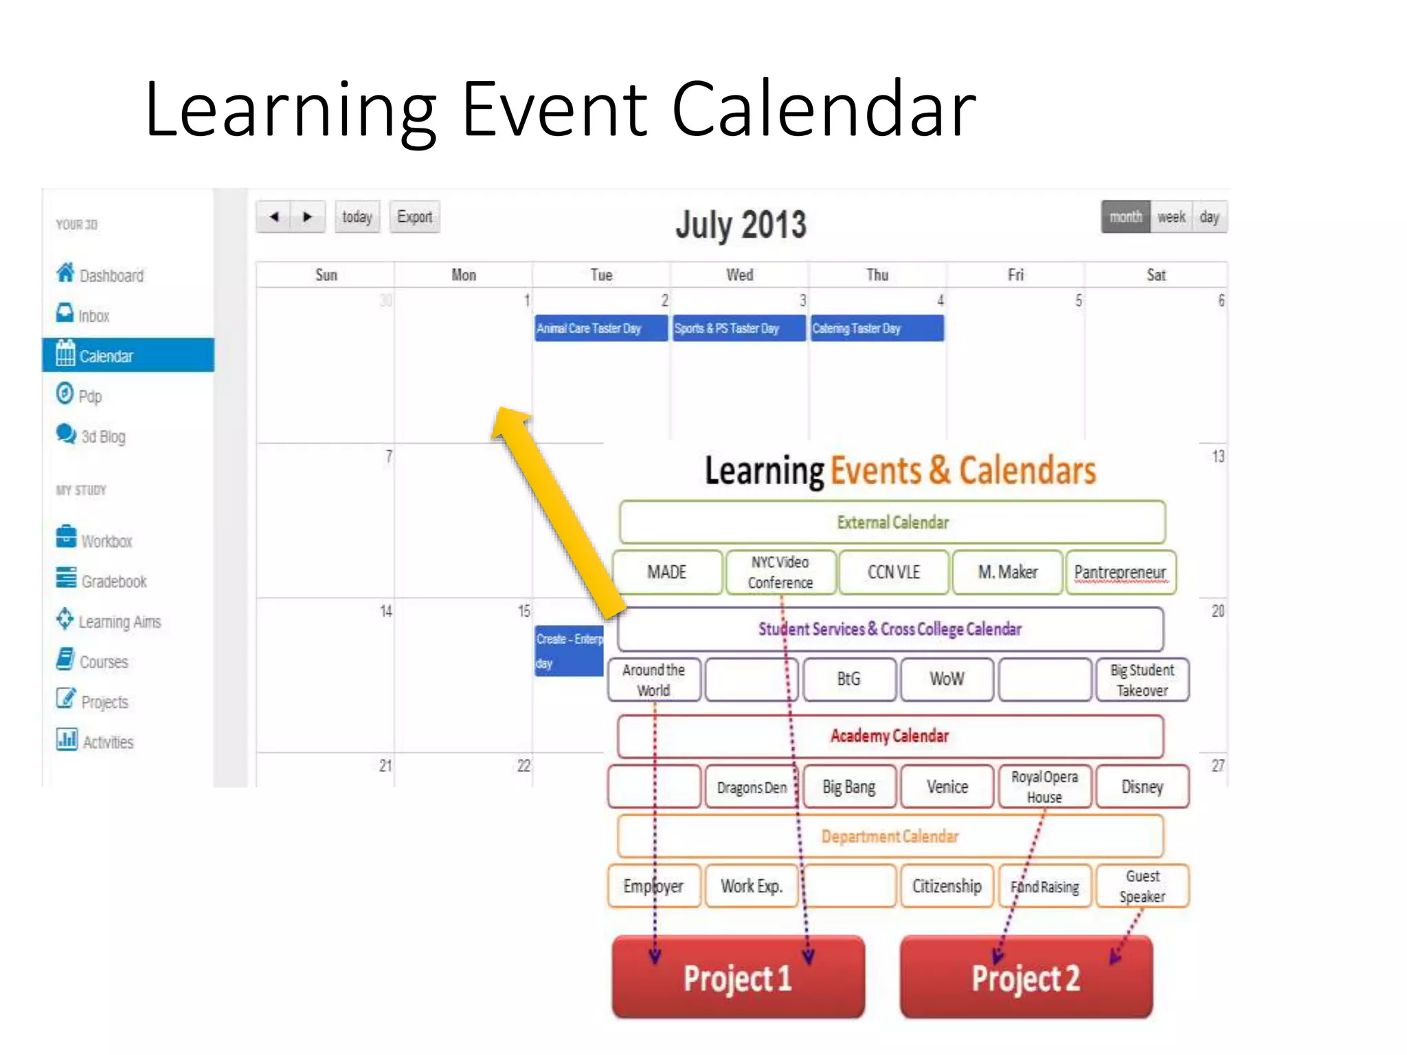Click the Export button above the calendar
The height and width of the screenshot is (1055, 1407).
click(x=414, y=217)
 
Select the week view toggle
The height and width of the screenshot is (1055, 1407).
click(x=1171, y=217)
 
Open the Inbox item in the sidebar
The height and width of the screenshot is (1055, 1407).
click(x=93, y=315)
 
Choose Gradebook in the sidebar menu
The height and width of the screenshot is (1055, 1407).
click(x=113, y=581)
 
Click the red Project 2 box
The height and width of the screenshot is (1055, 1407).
click(x=1026, y=977)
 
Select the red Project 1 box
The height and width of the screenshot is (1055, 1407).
click(x=738, y=977)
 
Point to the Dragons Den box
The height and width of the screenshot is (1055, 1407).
click(x=751, y=787)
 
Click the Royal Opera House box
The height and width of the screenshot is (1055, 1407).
click(x=1044, y=786)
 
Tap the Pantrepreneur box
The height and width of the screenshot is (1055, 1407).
click(x=1120, y=572)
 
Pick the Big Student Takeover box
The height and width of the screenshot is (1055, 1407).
click(x=1142, y=680)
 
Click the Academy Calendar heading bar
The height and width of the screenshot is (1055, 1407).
click(x=890, y=736)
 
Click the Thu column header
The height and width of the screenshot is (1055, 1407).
click(x=877, y=275)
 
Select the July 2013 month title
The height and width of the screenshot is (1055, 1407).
click(x=741, y=224)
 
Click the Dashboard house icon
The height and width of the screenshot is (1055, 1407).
click(x=65, y=273)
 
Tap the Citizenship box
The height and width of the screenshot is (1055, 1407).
click(x=947, y=886)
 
